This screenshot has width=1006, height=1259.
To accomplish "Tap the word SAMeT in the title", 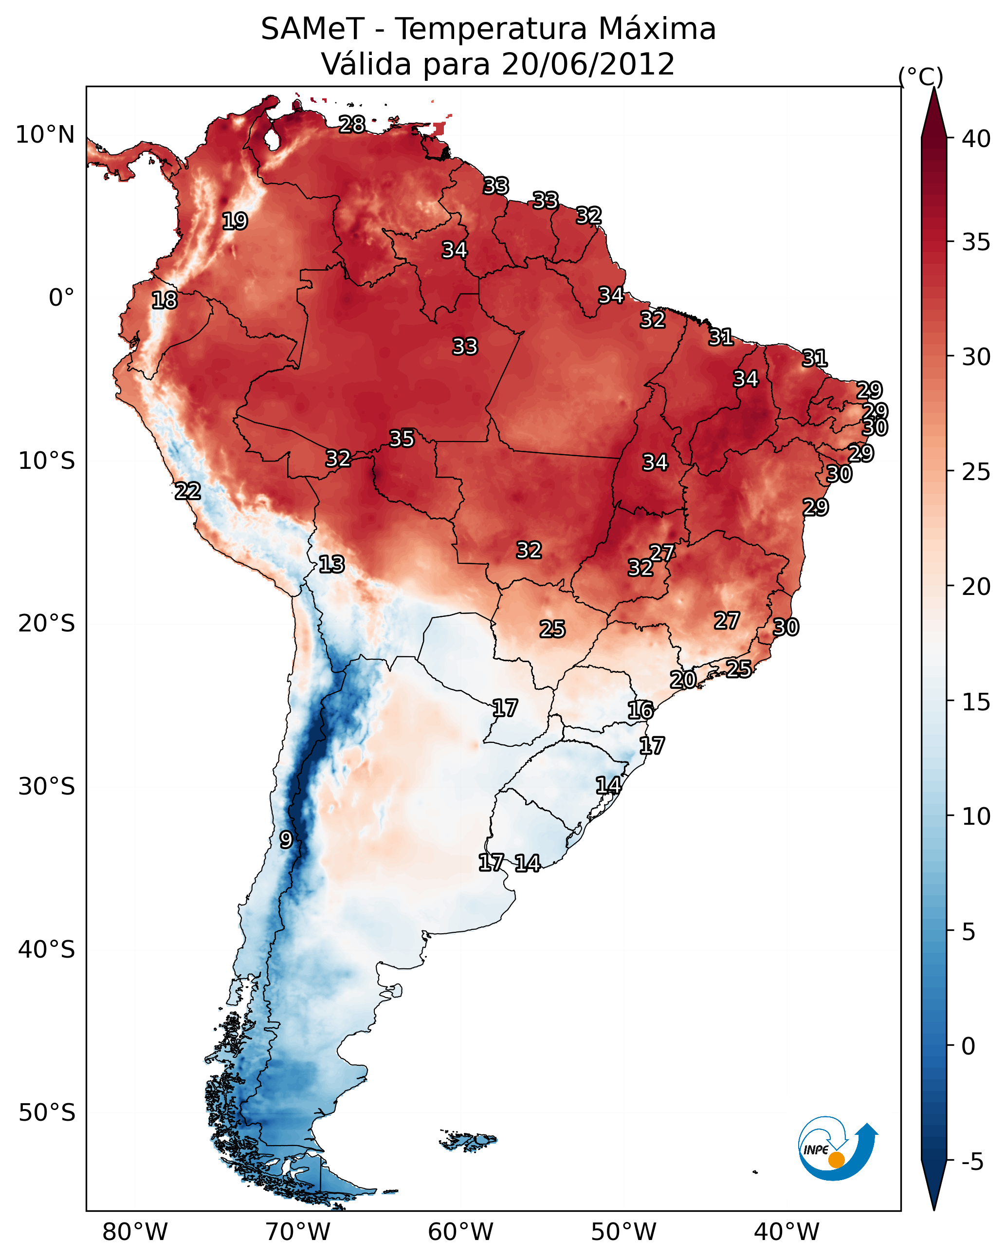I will click(x=312, y=29).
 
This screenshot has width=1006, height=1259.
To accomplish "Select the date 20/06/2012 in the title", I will click(x=587, y=64).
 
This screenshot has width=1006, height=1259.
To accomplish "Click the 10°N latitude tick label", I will click(x=45, y=135).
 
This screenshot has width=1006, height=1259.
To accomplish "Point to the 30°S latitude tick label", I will click(x=47, y=787).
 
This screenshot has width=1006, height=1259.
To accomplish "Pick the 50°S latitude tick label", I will click(x=47, y=1112).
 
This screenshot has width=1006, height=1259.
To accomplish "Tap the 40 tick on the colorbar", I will click(x=976, y=139).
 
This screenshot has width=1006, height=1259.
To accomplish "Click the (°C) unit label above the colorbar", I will click(x=921, y=76).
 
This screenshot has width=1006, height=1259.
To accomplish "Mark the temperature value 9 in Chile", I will click(x=286, y=839).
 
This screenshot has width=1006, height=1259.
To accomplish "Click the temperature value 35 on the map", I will click(x=402, y=438).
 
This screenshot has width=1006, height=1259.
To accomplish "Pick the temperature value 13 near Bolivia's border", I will click(x=331, y=564).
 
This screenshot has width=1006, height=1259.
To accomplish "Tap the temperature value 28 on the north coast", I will click(x=352, y=124).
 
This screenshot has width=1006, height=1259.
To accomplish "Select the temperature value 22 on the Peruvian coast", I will click(x=188, y=491).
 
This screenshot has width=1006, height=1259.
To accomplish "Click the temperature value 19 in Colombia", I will click(x=235, y=222).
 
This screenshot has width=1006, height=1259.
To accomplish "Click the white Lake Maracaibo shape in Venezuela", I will click(x=272, y=140).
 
